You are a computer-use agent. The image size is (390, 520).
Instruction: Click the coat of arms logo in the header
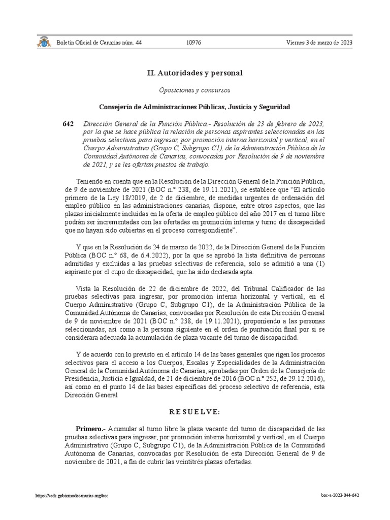[44, 43]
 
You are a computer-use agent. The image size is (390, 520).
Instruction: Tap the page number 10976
[193, 43]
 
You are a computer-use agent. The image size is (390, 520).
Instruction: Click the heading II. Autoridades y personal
[195, 73]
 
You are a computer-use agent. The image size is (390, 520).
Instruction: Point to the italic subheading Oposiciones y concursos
[195, 90]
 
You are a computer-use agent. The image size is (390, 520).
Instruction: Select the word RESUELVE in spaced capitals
[195, 411]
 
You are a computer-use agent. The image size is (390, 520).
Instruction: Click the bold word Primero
[89, 429]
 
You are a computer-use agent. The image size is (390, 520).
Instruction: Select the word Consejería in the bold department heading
[116, 107]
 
